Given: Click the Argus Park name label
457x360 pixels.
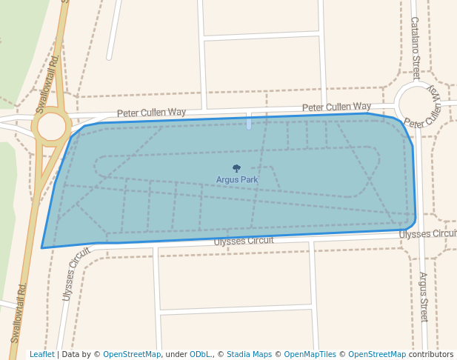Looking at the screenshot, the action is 237,179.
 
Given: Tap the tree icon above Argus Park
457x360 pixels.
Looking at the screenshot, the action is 237,169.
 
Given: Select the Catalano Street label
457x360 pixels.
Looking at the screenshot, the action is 415,48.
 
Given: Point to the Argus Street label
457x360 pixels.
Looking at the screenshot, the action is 424,296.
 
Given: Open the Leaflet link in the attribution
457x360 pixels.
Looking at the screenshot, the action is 41,355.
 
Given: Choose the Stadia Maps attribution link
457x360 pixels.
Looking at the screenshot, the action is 249,355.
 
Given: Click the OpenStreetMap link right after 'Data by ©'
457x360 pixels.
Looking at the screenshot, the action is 132,355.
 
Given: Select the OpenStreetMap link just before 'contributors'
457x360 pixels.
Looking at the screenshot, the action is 377,355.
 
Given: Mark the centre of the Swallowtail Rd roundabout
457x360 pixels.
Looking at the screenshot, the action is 51,126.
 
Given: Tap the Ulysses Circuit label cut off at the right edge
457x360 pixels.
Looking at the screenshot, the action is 427,234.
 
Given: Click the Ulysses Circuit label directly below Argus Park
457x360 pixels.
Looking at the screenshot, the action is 243,241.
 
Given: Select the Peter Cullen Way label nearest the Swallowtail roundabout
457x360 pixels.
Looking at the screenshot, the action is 151,113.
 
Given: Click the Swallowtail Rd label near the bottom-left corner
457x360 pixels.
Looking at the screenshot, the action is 20,312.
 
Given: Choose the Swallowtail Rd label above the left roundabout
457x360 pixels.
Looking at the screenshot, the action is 54,70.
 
